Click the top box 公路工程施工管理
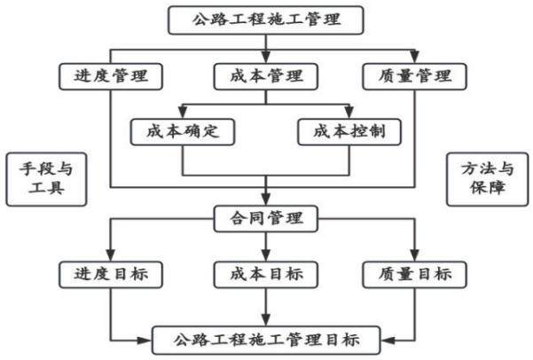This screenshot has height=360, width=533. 266,20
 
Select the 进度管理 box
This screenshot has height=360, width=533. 111,76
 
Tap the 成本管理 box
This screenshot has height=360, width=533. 266,76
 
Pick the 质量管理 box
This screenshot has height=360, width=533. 415,76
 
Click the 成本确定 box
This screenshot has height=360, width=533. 183,132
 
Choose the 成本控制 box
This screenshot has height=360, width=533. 349,132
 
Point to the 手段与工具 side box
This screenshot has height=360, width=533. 47,179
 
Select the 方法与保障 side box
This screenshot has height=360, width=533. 488,179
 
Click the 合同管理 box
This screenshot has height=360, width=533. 266,219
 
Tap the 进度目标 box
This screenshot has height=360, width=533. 111,275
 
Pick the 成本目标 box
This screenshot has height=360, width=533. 266,275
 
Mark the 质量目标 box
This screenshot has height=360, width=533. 415,275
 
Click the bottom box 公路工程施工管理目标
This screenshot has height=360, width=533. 266,340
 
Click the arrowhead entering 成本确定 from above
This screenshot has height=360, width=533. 183,113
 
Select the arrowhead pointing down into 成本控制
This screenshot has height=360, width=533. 349,113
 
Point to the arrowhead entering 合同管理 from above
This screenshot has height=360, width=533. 266,200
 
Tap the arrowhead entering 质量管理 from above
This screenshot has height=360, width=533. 415,57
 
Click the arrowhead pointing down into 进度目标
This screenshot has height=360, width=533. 111,255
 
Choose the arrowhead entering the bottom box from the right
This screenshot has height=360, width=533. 388,340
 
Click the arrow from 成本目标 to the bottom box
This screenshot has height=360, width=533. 266,308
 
